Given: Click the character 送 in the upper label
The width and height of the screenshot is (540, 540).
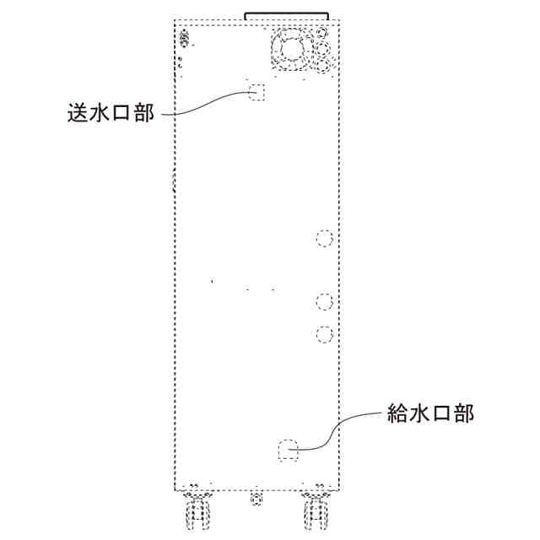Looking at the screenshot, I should point(78,113).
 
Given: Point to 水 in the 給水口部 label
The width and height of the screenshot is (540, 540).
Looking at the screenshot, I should point(420,413).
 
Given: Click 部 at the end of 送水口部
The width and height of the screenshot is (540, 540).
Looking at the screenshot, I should point(143,113).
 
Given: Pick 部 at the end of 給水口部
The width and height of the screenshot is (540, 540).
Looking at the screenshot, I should point(463,413).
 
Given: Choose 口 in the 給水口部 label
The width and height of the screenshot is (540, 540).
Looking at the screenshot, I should point(441,413).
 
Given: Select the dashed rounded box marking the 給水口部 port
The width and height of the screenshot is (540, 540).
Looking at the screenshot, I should point(289,450).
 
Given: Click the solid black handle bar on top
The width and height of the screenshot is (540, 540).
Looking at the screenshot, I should point(286,14).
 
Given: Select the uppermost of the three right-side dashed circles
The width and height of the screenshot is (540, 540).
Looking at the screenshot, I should point(323,238).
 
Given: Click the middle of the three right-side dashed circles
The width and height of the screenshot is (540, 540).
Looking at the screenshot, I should point(323,300).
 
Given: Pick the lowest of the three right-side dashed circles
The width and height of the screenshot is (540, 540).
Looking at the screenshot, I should point(323,333).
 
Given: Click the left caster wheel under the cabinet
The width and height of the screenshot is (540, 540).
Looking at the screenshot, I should point(197,511).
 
